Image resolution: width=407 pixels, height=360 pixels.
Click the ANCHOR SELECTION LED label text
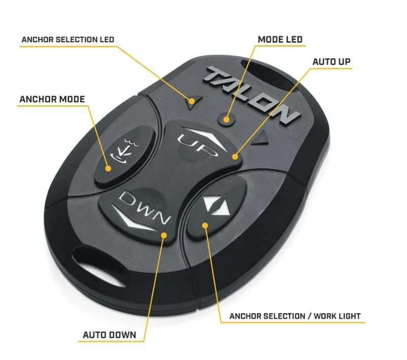point(68,39)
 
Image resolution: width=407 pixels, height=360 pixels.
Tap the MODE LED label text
point(279,39)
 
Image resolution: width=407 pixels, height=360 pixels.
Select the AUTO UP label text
point(331,62)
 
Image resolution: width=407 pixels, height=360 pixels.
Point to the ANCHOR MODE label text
point(52,99)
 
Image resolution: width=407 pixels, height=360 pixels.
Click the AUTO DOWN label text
point(109,335)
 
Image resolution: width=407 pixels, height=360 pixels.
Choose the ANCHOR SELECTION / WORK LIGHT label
point(295,316)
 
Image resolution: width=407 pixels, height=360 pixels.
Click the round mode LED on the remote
point(227,119)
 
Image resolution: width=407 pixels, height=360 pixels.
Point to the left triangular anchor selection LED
point(192,100)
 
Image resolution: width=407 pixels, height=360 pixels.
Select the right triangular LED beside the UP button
point(262,137)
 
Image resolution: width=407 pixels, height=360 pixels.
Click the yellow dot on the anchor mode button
point(108,168)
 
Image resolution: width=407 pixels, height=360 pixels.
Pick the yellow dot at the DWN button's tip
point(165,234)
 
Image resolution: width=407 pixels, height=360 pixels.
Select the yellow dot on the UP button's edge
point(235,156)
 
